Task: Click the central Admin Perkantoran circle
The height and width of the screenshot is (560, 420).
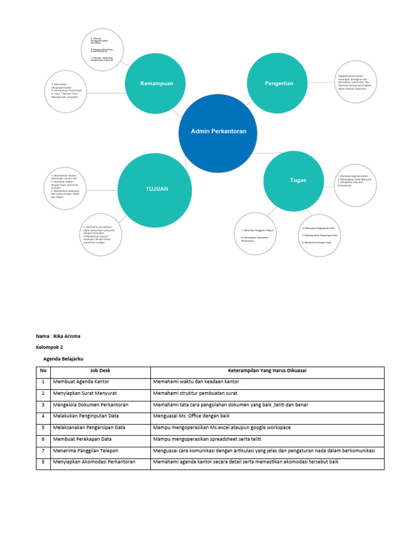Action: pyautogui.click(x=218, y=132)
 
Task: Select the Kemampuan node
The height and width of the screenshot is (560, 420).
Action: pyautogui.click(x=157, y=84)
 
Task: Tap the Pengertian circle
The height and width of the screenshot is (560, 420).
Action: pyautogui.click(x=278, y=83)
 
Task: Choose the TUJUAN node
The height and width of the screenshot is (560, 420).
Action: pyautogui.click(x=157, y=189)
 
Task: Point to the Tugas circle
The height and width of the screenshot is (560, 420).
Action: pyautogui.click(x=294, y=180)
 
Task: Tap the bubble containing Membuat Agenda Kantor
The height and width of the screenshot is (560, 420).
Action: pyautogui.click(x=355, y=184)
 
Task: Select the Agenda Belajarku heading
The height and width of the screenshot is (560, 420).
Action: pyautogui.click(x=63, y=359)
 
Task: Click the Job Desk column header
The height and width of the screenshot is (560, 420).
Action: pyautogui.click(x=100, y=371)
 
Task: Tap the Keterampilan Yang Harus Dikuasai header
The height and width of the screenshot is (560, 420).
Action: pyautogui.click(x=267, y=371)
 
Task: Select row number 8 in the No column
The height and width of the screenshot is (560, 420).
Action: pyautogui.click(x=43, y=462)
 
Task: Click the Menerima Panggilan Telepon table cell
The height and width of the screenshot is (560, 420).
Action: pyautogui.click(x=86, y=451)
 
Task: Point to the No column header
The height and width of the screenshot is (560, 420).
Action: pyautogui.click(x=43, y=371)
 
